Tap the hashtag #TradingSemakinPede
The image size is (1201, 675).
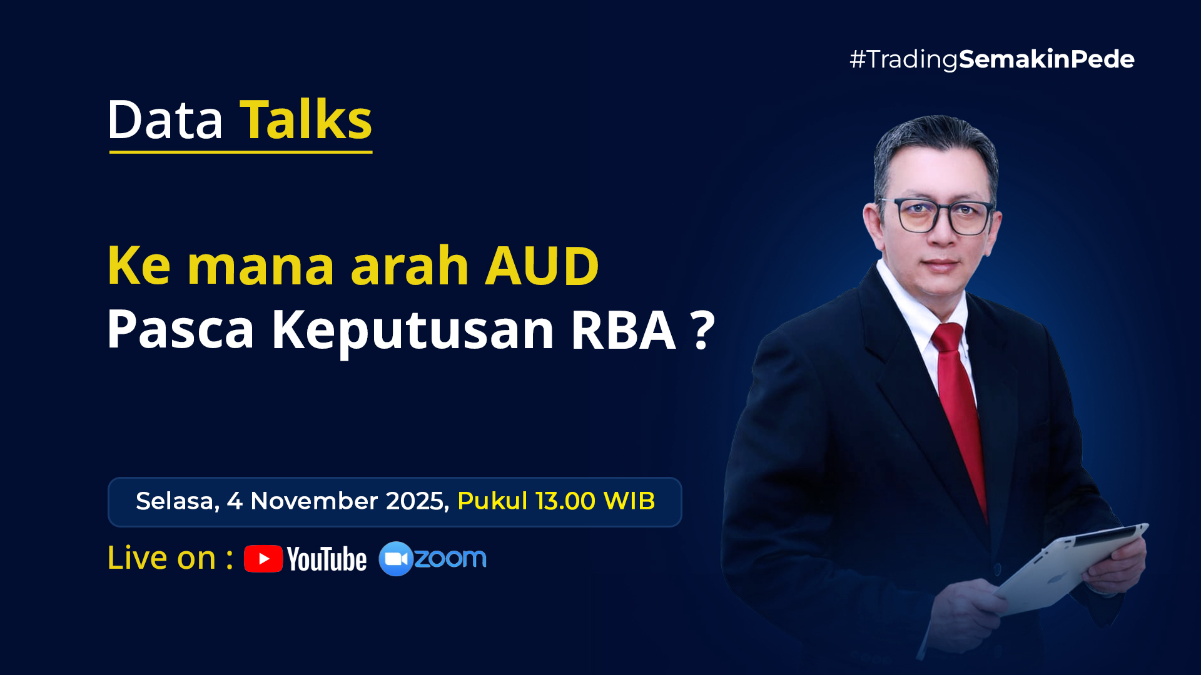(x=991, y=59)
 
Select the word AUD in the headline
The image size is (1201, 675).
(x=542, y=266)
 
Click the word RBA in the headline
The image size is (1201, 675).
(x=623, y=329)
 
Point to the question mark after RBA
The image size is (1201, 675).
(x=703, y=329)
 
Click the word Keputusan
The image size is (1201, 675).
(x=413, y=331)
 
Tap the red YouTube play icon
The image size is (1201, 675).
(x=263, y=559)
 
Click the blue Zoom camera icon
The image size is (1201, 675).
(x=396, y=559)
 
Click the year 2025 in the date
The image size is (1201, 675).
(x=416, y=501)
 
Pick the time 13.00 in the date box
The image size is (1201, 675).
(x=565, y=501)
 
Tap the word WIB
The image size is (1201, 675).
(x=629, y=501)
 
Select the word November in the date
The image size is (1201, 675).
(x=314, y=501)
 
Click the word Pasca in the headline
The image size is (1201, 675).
(x=181, y=331)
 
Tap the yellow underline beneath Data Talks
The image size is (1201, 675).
(x=241, y=151)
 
